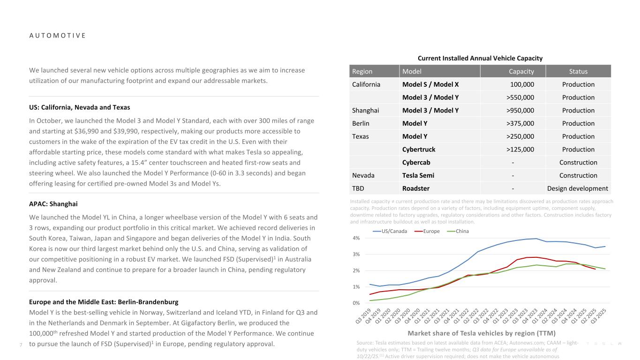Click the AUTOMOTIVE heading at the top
(57, 36)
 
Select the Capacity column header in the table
(521, 71)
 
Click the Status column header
(578, 71)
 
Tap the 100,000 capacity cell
(522, 84)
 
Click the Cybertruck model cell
(419, 150)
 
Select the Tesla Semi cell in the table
(418, 175)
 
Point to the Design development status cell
(578, 188)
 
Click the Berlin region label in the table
(361, 124)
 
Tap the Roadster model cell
(416, 188)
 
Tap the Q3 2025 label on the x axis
(602, 319)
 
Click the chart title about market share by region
(482, 333)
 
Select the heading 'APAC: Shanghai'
(53, 204)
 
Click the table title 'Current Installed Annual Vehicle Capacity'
(480, 58)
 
